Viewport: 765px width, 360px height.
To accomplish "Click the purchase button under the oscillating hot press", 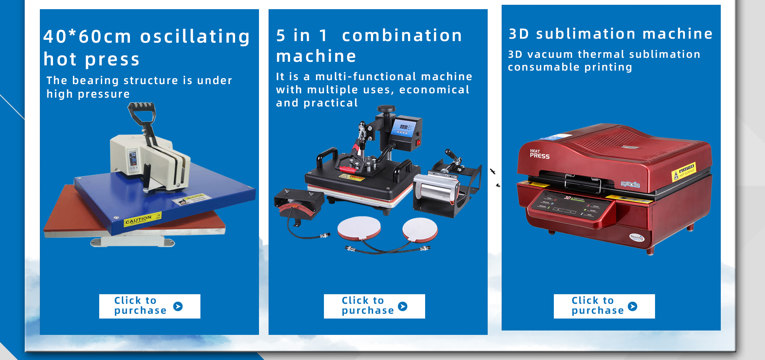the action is pos(149,306).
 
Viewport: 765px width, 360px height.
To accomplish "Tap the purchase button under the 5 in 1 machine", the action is pos(374,306).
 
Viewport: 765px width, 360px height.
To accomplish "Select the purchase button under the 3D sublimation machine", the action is pos(604,306).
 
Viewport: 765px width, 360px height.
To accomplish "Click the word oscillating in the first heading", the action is pos(195,37).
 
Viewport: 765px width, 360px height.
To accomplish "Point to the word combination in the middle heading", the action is pos(402,36).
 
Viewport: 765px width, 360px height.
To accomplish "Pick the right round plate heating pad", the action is pos(420,230).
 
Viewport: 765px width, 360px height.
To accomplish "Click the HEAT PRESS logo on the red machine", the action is pos(539,154).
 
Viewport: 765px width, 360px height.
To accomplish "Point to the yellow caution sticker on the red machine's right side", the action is pos(684,171).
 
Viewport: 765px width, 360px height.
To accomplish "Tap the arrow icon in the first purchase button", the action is pos(178,306).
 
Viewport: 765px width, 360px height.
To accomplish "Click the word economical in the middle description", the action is pos(434,90).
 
